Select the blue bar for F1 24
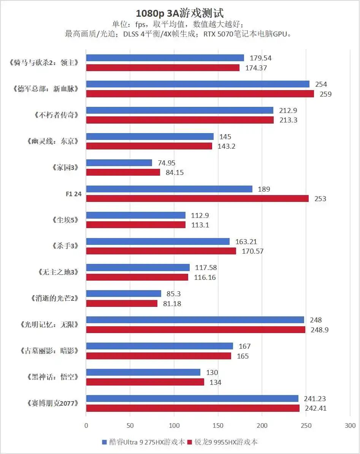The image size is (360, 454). click(169, 189)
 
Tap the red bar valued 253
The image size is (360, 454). click(197, 198)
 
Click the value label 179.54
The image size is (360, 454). click(261, 58)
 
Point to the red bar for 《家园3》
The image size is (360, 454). click(123, 172)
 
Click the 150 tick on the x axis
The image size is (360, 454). click(218, 426)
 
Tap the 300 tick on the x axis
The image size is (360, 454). click(350, 426)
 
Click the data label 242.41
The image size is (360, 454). click(316, 408)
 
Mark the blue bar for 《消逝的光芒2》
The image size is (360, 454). click(124, 294)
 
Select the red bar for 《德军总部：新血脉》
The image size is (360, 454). click(200, 94)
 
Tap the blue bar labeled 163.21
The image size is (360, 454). click(158, 241)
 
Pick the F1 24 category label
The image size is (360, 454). click(73, 194)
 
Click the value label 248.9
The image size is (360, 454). click(319, 330)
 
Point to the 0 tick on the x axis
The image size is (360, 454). click(86, 426)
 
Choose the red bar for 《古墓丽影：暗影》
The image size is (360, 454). click(159, 356)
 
